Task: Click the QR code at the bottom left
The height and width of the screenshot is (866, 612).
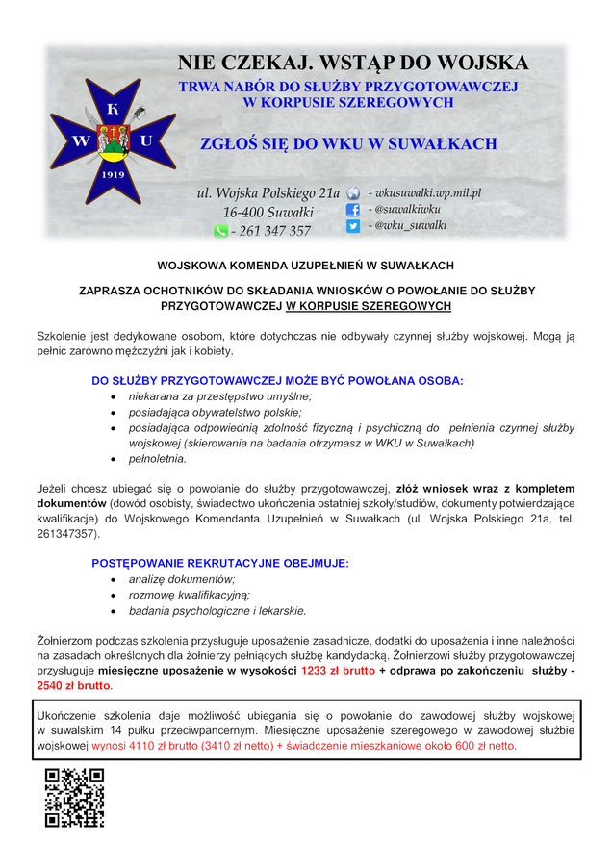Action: [x=74, y=798]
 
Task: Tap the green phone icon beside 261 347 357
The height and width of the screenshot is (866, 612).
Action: [x=220, y=231]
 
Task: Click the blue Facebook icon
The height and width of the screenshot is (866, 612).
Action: [x=353, y=209]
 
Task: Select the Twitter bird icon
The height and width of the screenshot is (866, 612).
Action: [x=353, y=226]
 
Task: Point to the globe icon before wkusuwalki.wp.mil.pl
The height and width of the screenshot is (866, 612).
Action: [x=353, y=192]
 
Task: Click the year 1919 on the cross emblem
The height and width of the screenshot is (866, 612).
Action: [x=114, y=176]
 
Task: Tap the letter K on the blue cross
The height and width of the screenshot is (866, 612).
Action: [x=114, y=107]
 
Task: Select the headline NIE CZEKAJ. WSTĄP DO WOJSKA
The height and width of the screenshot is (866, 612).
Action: [x=353, y=64]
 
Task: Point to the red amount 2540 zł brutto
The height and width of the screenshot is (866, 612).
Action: [x=73, y=686]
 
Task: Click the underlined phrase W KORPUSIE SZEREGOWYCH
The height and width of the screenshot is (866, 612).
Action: [x=369, y=305]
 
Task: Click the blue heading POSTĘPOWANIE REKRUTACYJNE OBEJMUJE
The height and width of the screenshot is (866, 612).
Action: [x=219, y=562]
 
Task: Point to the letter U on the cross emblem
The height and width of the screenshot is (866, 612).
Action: [x=146, y=140]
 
